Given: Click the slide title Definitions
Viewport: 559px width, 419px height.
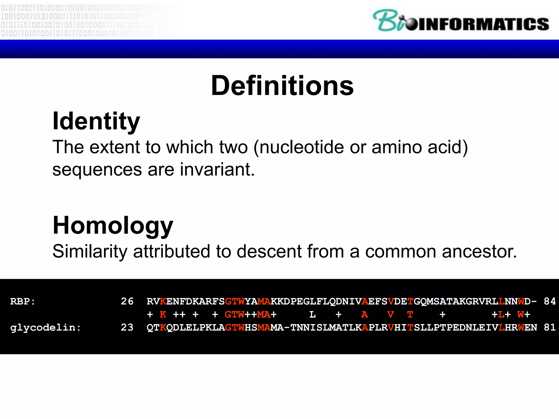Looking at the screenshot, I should tap(282, 86).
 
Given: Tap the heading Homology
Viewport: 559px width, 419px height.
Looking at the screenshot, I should tap(113, 226).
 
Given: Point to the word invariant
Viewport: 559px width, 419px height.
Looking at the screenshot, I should tap(217, 170).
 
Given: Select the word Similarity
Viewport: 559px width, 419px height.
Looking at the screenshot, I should tap(90, 251).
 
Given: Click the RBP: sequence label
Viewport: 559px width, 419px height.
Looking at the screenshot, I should tap(23, 301).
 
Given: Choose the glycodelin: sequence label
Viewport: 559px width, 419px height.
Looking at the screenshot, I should tap(46, 328).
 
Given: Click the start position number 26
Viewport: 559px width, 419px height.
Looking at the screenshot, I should tap(127, 301).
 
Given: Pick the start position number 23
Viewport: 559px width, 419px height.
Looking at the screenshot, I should tap(127, 327).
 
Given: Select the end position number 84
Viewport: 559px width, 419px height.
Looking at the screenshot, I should tap(550, 301).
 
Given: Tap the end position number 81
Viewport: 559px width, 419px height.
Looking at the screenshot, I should tap(550, 327).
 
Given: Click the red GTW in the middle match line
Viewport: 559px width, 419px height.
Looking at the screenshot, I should tap(234, 315).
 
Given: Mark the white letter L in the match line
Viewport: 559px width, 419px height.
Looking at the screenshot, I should tap(313, 315).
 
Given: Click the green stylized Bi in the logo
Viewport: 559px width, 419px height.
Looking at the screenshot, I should tap(389, 20).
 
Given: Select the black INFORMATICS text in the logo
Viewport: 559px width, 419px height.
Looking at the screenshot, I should tap(483, 24).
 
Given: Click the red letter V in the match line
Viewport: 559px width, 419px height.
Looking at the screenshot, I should tap(391, 315).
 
